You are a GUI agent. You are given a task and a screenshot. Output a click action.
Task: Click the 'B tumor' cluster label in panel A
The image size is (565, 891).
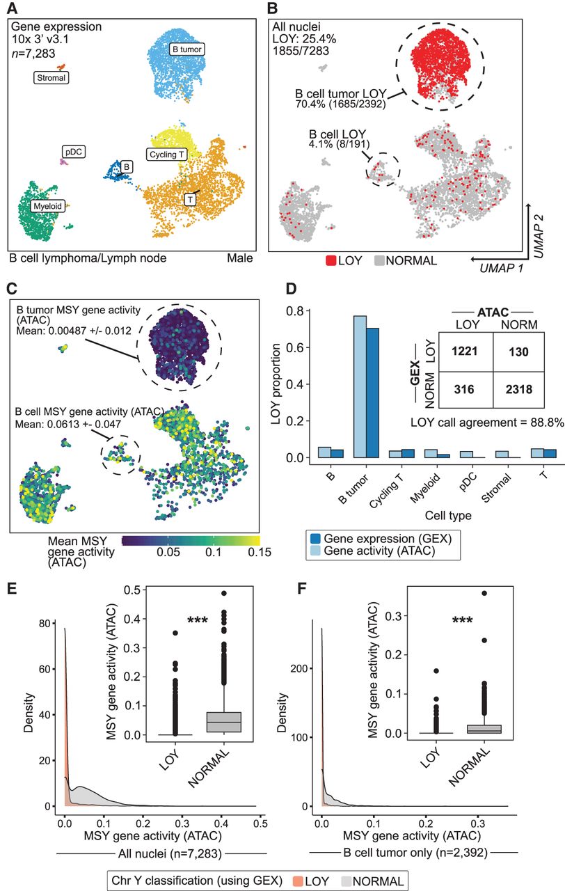pos(187,49)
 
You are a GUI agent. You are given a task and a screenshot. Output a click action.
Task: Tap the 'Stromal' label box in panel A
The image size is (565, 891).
pos(51,77)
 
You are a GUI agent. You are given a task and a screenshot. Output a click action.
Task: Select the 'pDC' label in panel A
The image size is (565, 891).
pos(74,152)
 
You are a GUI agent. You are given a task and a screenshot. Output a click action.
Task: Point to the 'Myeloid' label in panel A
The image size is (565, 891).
pos(48,206)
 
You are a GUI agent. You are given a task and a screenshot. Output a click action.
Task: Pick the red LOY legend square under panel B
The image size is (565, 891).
pos(331,261)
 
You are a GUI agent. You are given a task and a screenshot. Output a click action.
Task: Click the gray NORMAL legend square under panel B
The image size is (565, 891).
pos(379,261)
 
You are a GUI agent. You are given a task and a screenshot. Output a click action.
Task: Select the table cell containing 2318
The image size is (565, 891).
pos(519,390)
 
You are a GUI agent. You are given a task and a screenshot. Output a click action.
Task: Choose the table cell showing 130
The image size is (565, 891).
pos(519,352)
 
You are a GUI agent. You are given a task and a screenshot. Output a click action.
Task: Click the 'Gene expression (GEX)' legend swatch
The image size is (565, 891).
pos(315,539)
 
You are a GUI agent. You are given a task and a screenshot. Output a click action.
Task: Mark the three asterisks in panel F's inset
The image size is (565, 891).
pos(463,620)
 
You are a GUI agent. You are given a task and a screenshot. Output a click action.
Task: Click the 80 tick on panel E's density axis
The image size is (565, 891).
pos(45,623)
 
